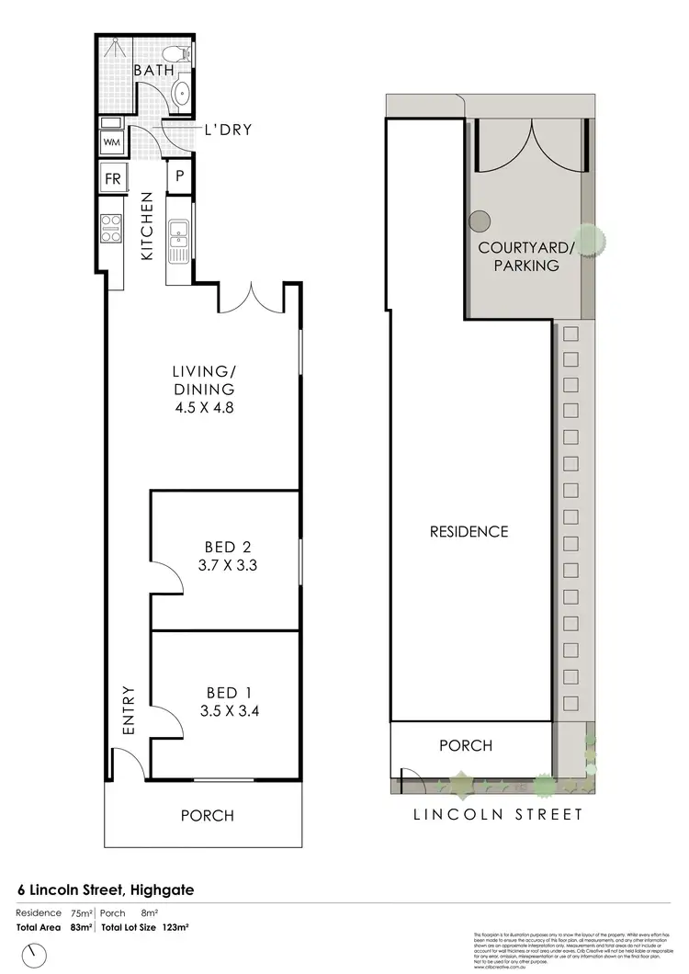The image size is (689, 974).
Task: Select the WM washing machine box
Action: [111, 142]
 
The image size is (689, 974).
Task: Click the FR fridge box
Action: [112, 178]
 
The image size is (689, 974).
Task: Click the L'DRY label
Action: [227, 130]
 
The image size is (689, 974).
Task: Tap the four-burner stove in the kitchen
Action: [111, 227]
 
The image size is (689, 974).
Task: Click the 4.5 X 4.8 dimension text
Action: [204, 406]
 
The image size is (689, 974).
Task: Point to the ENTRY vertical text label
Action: [129, 710]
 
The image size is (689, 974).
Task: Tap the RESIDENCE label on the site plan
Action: [469, 531]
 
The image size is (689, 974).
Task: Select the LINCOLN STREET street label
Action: [497, 814]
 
